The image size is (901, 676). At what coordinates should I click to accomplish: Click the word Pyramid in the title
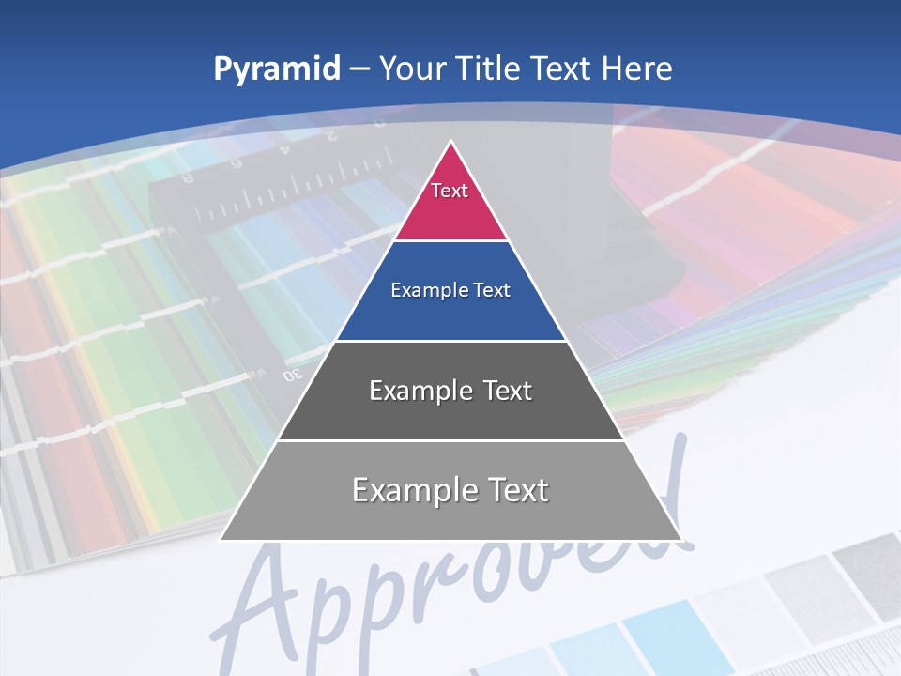pyautogui.click(x=277, y=69)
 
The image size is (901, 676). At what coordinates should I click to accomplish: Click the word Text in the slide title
pyautogui.click(x=561, y=69)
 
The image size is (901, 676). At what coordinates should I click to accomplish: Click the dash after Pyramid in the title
pyautogui.click(x=359, y=69)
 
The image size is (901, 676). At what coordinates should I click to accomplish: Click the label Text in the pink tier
pyautogui.click(x=450, y=191)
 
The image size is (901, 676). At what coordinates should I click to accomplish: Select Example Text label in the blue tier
pyautogui.click(x=450, y=290)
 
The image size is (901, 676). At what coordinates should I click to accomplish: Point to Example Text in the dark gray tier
pyautogui.click(x=450, y=391)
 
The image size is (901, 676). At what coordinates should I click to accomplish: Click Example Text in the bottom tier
pyautogui.click(x=450, y=490)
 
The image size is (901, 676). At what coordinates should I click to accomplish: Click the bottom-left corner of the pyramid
pyautogui.click(x=222, y=539)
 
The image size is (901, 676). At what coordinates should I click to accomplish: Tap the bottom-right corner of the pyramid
pyautogui.click(x=680, y=539)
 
